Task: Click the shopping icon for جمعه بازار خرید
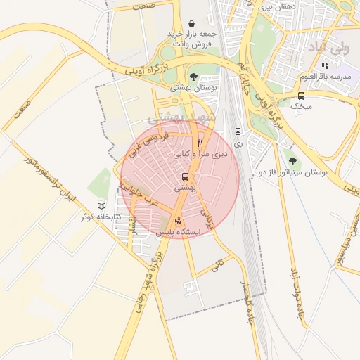191,23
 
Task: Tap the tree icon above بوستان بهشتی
193,77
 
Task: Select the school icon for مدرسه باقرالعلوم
325,65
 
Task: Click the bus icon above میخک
301,96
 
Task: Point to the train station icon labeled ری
238,131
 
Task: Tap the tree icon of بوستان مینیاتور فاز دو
291,160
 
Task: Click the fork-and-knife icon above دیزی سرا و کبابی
200,142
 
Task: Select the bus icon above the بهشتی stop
185,176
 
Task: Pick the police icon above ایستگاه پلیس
176,220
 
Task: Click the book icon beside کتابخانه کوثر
102,206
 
